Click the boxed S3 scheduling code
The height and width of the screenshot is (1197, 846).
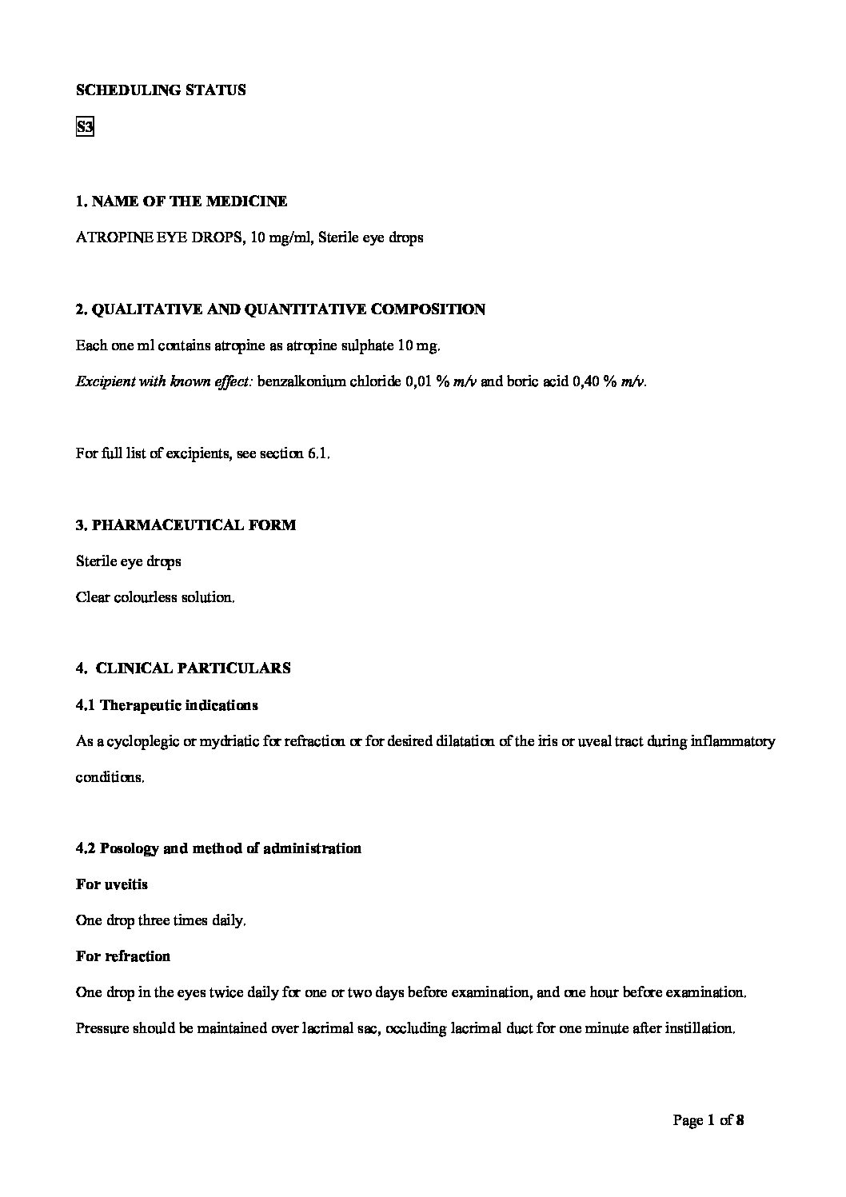pos(85,127)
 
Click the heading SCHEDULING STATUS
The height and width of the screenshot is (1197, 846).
pos(161,90)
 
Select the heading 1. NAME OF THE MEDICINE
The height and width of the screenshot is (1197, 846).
pos(182,201)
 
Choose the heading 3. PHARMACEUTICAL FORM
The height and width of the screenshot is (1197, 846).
pos(186,525)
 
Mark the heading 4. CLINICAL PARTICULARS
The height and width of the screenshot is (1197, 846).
pos(183,668)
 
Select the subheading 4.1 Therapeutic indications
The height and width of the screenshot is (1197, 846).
pos(167,705)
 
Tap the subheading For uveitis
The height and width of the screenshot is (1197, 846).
pos(112,884)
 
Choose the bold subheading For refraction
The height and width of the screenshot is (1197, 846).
pos(123,956)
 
